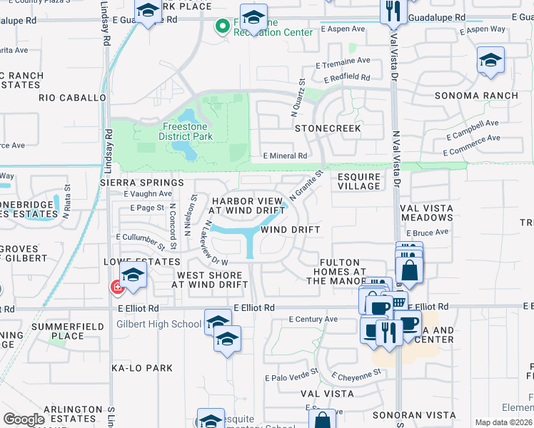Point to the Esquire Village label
click(x=358, y=181)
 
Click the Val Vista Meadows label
click(x=427, y=213)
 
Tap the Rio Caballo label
click(x=72, y=97)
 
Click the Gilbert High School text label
click(x=158, y=325)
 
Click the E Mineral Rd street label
click(x=285, y=156)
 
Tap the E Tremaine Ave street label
click(x=346, y=61)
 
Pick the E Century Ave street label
click(x=314, y=319)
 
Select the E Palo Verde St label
click(x=291, y=377)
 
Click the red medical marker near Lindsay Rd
click(x=116, y=287)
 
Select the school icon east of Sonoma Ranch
click(x=490, y=61)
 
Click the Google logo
click(x=24, y=419)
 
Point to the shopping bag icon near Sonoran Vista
click(x=322, y=419)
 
